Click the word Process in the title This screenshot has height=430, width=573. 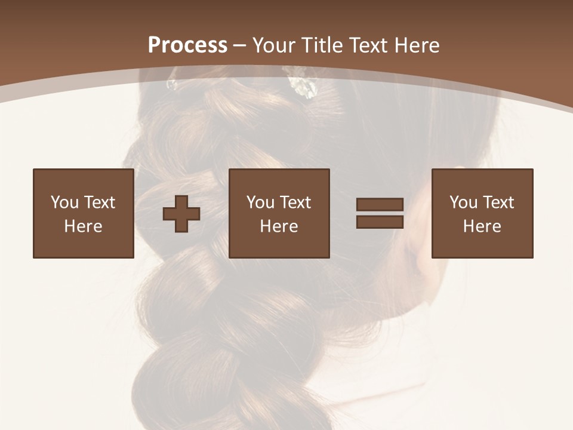point(187,45)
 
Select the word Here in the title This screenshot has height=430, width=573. point(416,45)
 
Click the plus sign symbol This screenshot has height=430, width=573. point(181,214)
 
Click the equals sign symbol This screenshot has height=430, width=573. point(380,214)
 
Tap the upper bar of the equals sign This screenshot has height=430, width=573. point(380,205)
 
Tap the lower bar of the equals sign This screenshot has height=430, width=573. point(380,222)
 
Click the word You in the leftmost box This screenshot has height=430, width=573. point(64,202)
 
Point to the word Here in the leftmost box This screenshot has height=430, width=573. point(83,226)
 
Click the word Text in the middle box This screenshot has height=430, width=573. point(295,202)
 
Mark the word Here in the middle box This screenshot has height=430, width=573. point(279,226)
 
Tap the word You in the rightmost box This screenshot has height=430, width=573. point(463,202)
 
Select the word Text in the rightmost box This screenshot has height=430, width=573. point(498,202)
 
